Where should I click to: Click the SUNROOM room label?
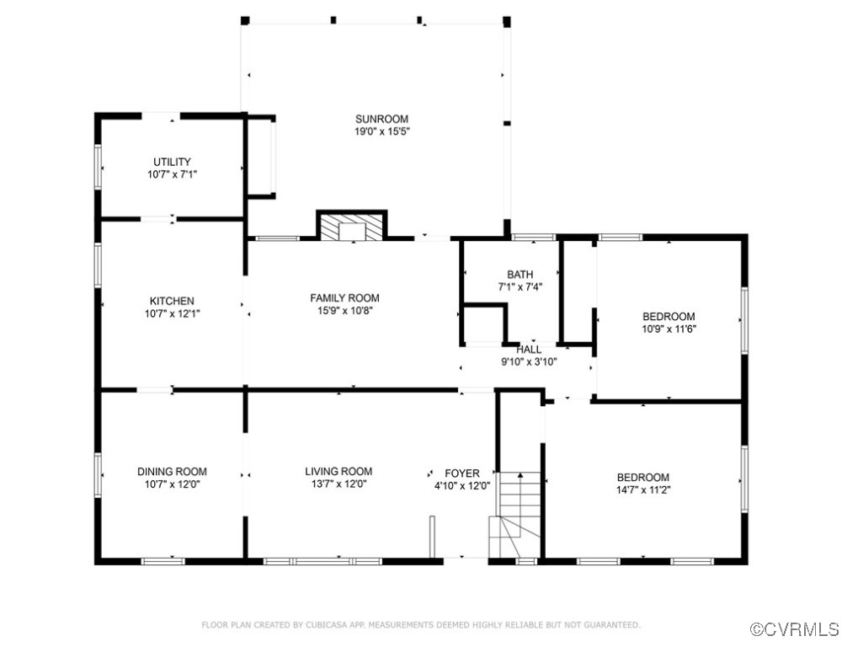click(381, 119)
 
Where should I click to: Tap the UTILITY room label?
click(172, 162)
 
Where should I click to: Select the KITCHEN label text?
click(172, 301)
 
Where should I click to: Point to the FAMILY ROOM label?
click(344, 297)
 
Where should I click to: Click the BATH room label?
click(520, 275)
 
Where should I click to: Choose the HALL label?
click(529, 350)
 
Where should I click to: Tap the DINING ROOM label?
click(172, 472)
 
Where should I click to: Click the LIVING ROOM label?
click(338, 471)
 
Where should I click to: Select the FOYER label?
click(462, 473)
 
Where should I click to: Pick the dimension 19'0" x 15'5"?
click(381, 131)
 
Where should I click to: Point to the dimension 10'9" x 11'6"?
click(669, 329)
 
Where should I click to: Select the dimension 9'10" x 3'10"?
click(529, 362)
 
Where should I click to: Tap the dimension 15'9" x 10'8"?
click(344, 310)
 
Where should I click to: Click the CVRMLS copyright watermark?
click(794, 629)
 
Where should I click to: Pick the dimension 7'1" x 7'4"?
click(520, 287)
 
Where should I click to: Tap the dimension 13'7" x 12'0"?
click(338, 484)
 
